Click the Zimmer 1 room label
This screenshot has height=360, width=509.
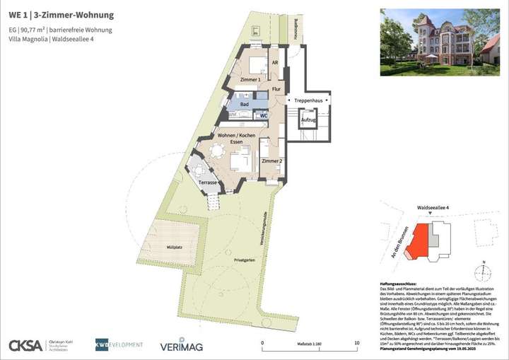point(250,81)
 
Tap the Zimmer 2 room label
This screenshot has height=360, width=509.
point(271,162)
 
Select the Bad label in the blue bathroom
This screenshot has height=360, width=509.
point(245,105)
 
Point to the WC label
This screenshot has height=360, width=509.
point(263,115)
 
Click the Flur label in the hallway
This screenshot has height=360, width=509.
point(276,89)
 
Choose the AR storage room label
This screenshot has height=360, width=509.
point(274,62)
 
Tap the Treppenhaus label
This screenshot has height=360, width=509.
point(309,101)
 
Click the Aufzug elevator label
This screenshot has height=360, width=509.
point(308,120)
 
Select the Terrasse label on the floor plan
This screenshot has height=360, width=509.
point(208,183)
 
